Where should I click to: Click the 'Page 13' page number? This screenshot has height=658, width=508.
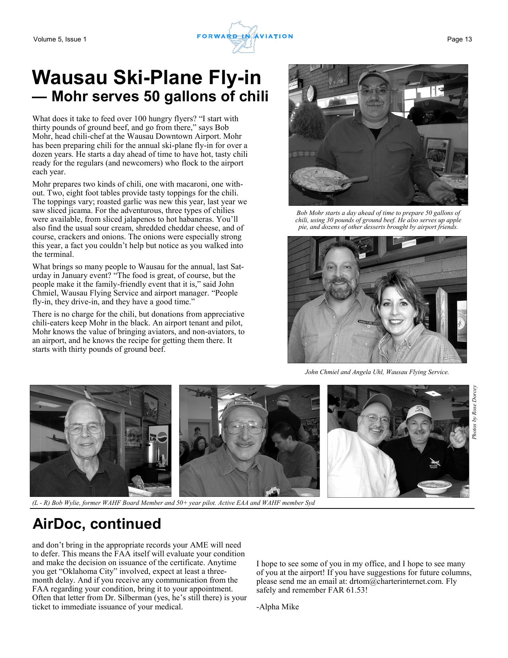pos(459,39)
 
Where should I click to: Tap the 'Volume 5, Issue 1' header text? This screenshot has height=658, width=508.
pos(60,39)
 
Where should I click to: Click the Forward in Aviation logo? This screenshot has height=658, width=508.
pos(245,37)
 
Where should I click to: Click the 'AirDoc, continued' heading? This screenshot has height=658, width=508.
pos(96,524)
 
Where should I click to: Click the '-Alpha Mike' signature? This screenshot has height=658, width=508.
pos(277,607)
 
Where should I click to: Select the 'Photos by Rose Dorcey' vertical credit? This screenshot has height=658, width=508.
pos(474,412)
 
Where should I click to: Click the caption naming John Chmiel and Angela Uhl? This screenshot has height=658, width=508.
pos(377,372)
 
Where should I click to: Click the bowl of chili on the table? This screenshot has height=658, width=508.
pos(432,486)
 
